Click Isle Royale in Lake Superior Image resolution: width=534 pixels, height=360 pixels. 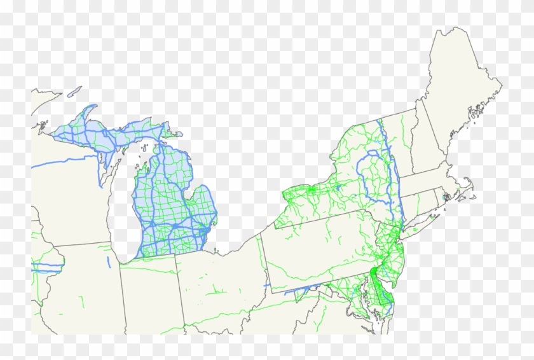click(x=74, y=92)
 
